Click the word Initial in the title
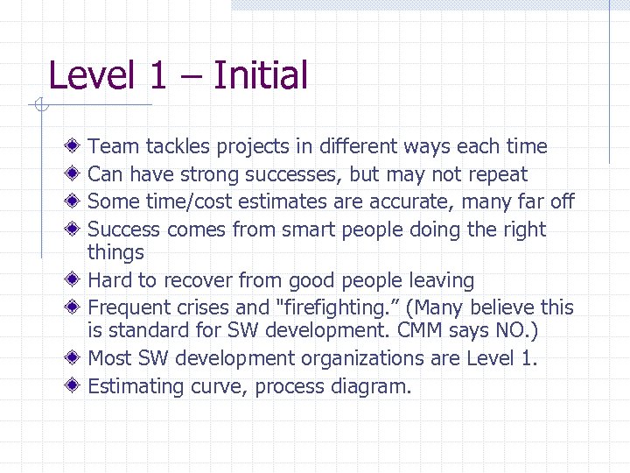coord(260,75)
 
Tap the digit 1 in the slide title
coord(157,75)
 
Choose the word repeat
coord(498,174)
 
